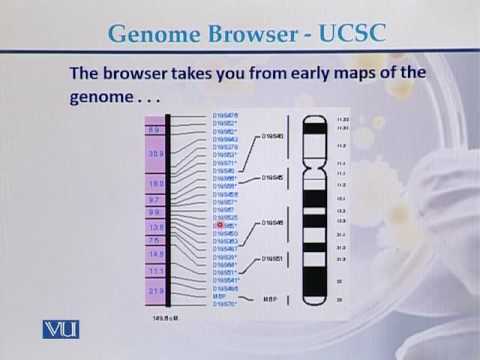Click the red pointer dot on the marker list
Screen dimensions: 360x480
click(x=219, y=226)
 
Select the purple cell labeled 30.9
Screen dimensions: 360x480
click(x=155, y=155)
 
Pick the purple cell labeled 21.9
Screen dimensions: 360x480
click(x=155, y=290)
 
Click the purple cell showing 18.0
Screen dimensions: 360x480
click(x=155, y=184)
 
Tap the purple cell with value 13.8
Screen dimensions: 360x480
click(x=155, y=227)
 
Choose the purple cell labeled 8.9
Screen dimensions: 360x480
click(x=155, y=130)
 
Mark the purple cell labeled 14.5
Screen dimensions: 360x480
click(x=155, y=254)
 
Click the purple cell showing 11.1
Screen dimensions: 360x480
click(x=155, y=271)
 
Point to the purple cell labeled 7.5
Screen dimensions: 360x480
click(x=155, y=241)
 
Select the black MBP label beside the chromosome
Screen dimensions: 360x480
click(x=269, y=297)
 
